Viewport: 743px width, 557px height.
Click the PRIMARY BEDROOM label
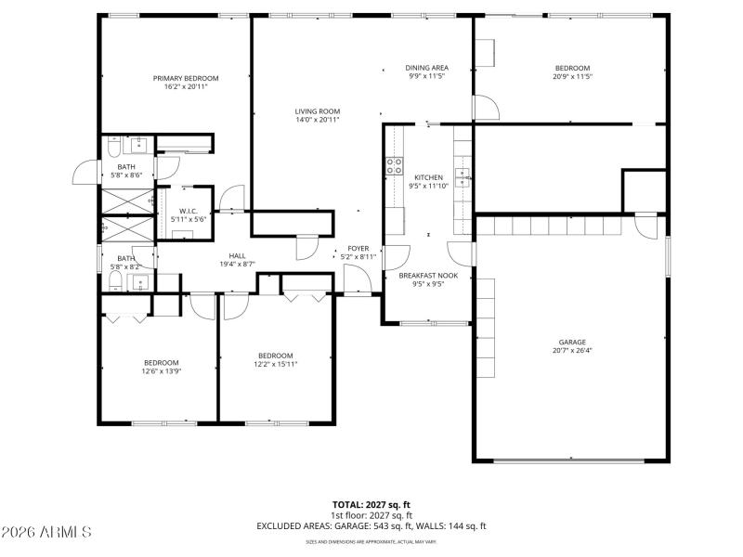186,78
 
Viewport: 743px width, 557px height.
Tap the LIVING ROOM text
318,110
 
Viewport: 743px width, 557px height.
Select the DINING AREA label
427,68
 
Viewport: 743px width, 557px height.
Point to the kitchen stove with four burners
393,167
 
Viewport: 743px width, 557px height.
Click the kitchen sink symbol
463,176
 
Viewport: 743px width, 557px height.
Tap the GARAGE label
572,342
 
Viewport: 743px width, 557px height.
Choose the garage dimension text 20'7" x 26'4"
572,351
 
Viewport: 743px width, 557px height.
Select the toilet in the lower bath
111,279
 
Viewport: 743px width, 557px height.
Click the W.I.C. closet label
189,212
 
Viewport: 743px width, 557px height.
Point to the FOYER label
358,248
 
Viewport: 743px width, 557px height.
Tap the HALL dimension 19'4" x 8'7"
237,265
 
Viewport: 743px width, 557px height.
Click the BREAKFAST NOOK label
428,275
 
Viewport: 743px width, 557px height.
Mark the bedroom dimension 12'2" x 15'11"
276,364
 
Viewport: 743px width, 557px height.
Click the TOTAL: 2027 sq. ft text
371,505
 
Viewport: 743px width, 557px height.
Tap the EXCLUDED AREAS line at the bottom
371,526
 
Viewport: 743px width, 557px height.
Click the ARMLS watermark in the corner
46,533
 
